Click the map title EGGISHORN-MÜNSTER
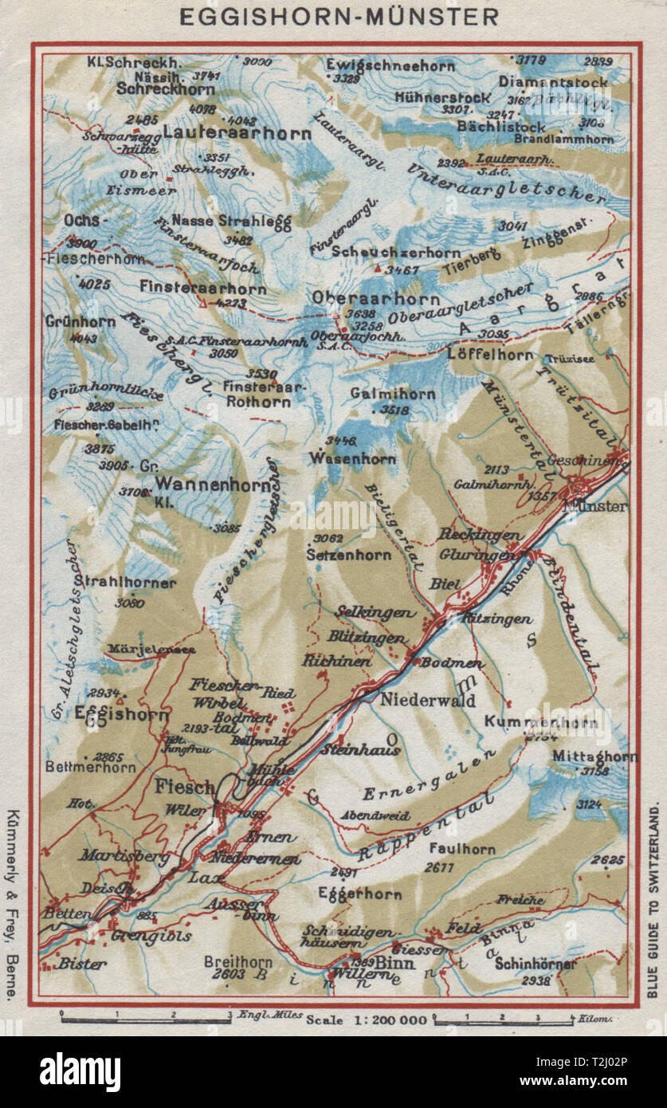pos(338,16)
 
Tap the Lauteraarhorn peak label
pos(237,133)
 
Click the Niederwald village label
pos(427,701)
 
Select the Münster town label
pos(595,505)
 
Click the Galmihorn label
pos(393,394)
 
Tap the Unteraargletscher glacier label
pos(516,181)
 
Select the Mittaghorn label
pos(598,756)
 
